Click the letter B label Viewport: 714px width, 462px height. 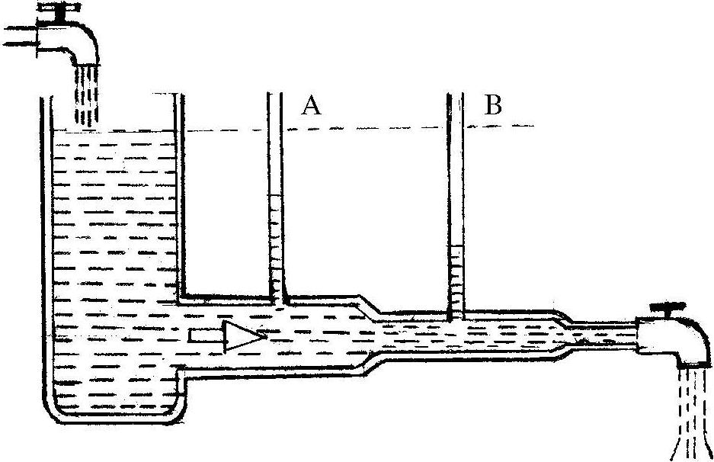(x=494, y=105)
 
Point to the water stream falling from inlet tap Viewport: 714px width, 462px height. (x=87, y=95)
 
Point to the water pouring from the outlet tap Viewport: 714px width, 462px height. (x=693, y=412)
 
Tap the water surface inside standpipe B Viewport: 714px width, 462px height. (x=456, y=245)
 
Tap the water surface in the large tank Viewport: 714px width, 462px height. (x=114, y=132)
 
